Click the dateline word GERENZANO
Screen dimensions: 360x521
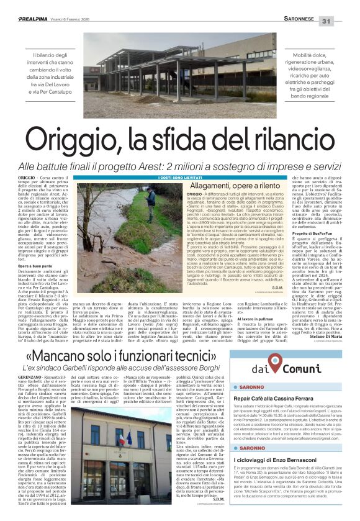point(40,377)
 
